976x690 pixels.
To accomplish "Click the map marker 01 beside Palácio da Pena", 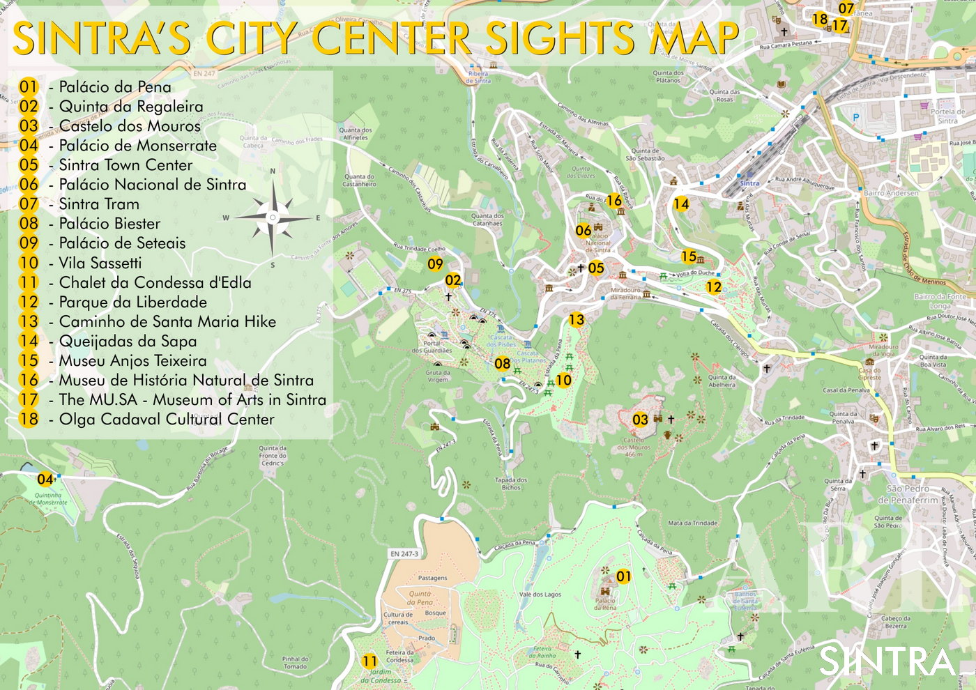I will tap(623, 576).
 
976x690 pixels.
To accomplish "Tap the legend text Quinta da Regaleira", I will tap(130, 107).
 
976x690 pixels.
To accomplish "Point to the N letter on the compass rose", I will tap(273, 171).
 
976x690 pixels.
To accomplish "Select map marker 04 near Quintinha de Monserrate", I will tap(45, 480).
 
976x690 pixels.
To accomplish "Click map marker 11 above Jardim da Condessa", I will tap(369, 661).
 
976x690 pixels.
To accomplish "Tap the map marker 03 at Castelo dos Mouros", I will tap(640, 420).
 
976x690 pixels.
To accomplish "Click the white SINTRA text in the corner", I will tap(887, 661).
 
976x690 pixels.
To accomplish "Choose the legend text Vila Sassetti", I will tap(100, 263).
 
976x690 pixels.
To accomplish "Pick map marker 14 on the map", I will tap(681, 204).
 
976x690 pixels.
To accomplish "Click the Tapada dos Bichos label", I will tap(511, 484).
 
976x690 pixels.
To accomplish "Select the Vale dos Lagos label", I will tap(540, 595).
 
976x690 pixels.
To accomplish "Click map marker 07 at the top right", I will tap(846, 8).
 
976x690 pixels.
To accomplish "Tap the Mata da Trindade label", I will tap(692, 523).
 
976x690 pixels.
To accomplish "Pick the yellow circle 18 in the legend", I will tap(29, 420).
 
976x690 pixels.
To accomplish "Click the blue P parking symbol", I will tap(856, 118).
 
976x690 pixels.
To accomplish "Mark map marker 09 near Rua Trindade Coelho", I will tap(435, 264).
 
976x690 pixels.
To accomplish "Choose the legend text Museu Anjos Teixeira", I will tap(132, 361).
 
